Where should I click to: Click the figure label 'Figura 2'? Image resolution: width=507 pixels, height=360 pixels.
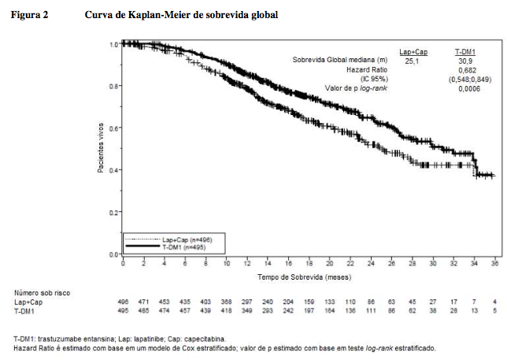coord(28,15)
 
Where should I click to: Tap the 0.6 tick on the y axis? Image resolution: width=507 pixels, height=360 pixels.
coord(114,128)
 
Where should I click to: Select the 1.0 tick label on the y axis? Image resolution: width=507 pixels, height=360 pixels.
coord(114,44)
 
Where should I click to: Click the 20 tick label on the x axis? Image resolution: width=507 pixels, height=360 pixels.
coord(330,263)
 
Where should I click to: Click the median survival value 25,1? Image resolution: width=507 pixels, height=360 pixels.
coord(413,59)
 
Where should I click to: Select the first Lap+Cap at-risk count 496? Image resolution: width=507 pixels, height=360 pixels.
coord(123,302)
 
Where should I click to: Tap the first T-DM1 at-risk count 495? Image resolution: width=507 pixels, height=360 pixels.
coord(123,311)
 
